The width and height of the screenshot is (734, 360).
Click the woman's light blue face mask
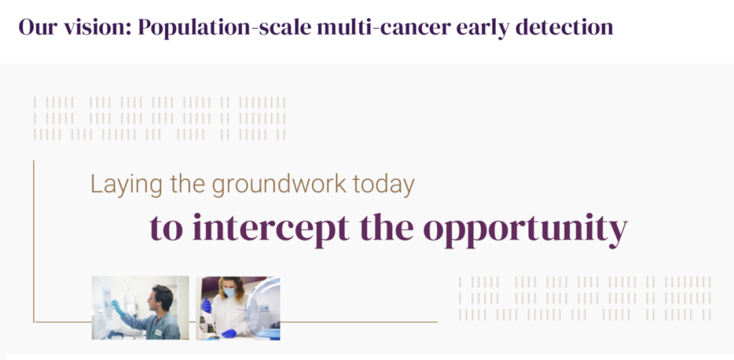point(228,293)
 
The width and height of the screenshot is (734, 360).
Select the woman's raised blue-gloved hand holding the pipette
point(207,306)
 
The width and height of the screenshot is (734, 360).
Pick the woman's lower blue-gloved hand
point(229,334)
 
